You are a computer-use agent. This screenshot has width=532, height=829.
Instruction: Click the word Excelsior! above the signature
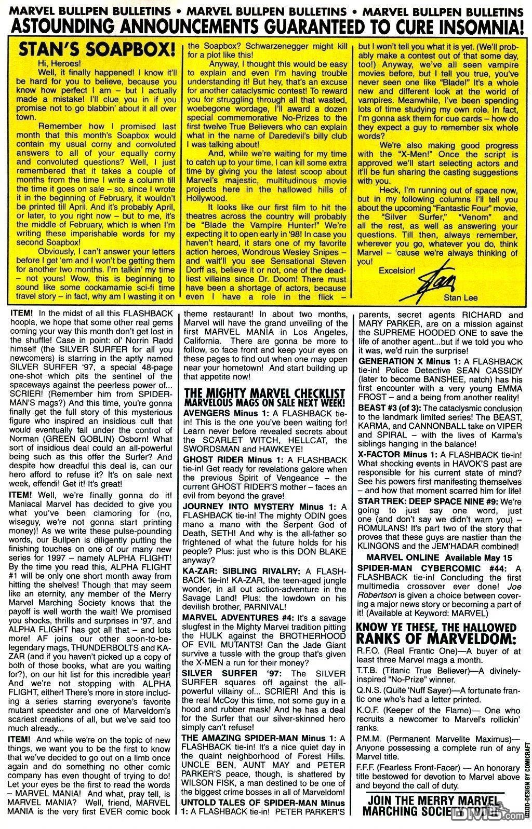coord(397,270)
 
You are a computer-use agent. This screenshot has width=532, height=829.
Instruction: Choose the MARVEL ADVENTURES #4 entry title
coord(237,618)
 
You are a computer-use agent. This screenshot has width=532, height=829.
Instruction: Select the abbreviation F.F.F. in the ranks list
coord(369,767)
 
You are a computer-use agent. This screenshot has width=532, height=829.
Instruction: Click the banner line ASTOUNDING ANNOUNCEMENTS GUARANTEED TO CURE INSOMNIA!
coord(265,24)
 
